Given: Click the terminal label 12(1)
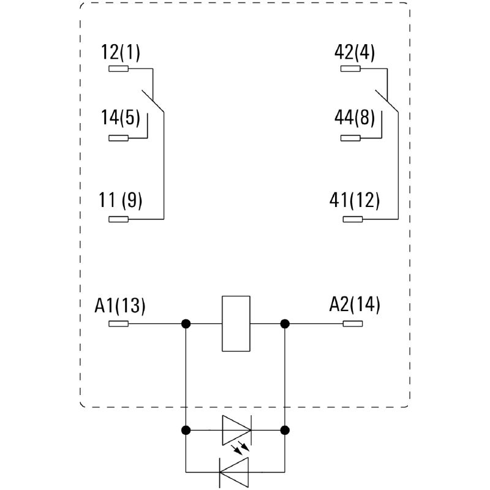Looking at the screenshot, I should click(121, 53).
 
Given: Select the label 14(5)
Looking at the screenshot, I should click(121, 117).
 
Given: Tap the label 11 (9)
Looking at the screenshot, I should click(120, 200).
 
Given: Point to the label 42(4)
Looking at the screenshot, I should click(355, 53).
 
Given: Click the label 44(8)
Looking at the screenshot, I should click(355, 117).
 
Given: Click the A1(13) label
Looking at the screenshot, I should click(120, 304).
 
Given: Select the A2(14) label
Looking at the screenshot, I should click(355, 304).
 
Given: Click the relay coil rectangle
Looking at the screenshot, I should click(236, 323).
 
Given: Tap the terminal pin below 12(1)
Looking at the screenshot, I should click(118, 69).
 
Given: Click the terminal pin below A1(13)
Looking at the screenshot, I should click(118, 323).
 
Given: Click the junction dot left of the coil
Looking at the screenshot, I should click(186, 323).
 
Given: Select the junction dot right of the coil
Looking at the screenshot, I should click(285, 323).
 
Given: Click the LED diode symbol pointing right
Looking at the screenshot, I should click(236, 429).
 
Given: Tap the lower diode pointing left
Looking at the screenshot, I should click(234, 471).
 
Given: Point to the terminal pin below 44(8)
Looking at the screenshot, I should click(351, 138).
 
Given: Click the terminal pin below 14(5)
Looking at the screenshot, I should click(118, 138).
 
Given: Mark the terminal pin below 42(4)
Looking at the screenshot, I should click(351, 69).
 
